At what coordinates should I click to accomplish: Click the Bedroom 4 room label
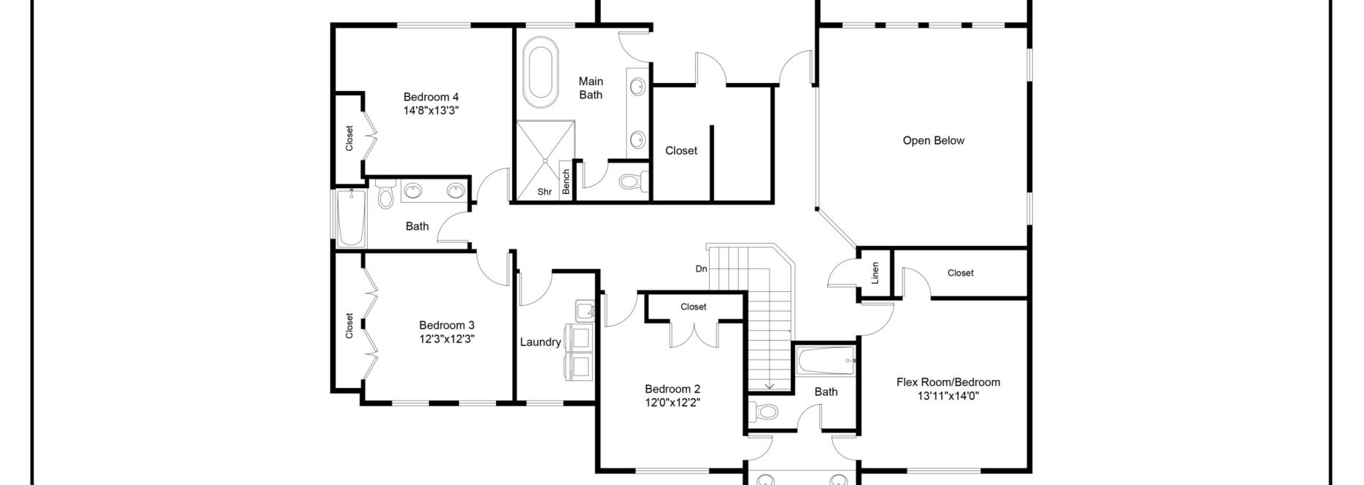click(431, 97)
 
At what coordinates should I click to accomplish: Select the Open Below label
click(933, 141)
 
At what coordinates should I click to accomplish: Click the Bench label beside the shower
click(566, 182)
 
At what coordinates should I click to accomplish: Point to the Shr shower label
click(544, 192)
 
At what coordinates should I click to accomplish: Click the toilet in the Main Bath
click(632, 180)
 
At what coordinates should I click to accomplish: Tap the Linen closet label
click(875, 273)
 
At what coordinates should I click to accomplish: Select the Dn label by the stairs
click(701, 268)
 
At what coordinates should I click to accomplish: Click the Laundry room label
click(540, 342)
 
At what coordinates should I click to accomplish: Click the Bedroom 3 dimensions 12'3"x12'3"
click(447, 338)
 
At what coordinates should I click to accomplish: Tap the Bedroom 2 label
click(672, 389)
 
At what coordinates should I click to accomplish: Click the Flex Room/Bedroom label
click(948, 382)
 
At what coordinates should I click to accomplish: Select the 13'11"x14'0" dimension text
click(948, 396)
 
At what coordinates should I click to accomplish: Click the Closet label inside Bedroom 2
click(693, 307)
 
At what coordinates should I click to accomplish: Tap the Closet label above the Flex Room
click(960, 273)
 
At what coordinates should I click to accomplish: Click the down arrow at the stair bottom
click(768, 385)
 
